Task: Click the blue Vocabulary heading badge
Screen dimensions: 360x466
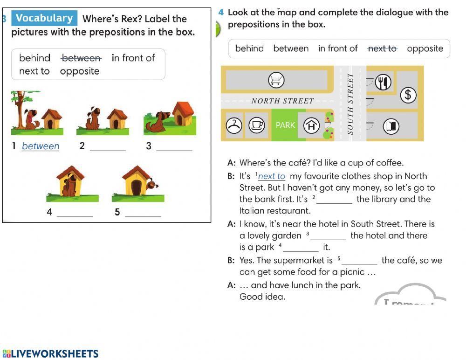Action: pos(44,19)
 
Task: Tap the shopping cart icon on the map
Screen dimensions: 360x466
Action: pos(276,81)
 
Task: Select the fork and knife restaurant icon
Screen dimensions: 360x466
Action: pos(383,82)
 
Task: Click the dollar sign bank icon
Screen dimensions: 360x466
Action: pos(408,95)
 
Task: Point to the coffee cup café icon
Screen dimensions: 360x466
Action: pos(256,125)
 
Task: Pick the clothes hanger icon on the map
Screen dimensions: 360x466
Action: pos(234,125)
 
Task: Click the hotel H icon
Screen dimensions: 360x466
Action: pos(312,125)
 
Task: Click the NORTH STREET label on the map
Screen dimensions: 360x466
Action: pos(282,101)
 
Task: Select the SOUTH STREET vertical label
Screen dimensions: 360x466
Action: pos(350,104)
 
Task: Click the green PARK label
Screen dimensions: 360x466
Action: pos(285,125)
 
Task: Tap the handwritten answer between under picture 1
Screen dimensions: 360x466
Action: pos(41,146)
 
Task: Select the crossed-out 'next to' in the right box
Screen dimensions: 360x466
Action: pos(382,48)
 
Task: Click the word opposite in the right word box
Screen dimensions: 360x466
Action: pos(425,48)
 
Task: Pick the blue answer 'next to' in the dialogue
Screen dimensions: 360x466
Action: pos(271,176)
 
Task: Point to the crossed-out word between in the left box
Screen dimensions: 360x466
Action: pos(81,58)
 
